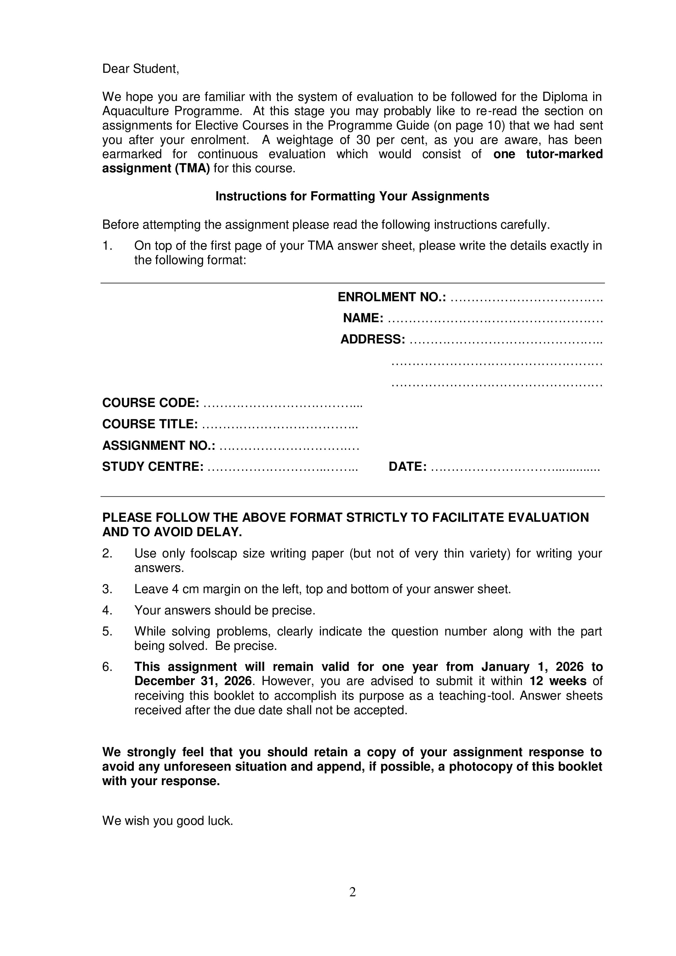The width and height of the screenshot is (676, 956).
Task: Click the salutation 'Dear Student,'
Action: pyautogui.click(x=141, y=69)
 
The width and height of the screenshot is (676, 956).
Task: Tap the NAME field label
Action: pyautogui.click(x=363, y=318)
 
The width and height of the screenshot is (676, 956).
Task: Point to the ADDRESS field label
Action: pyautogui.click(x=372, y=339)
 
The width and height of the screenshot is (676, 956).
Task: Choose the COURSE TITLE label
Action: pyautogui.click(x=150, y=424)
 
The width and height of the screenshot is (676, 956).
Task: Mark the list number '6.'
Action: pyautogui.click(x=107, y=667)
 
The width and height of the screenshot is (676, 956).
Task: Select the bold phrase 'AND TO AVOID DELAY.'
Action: pyautogui.click(x=172, y=532)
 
